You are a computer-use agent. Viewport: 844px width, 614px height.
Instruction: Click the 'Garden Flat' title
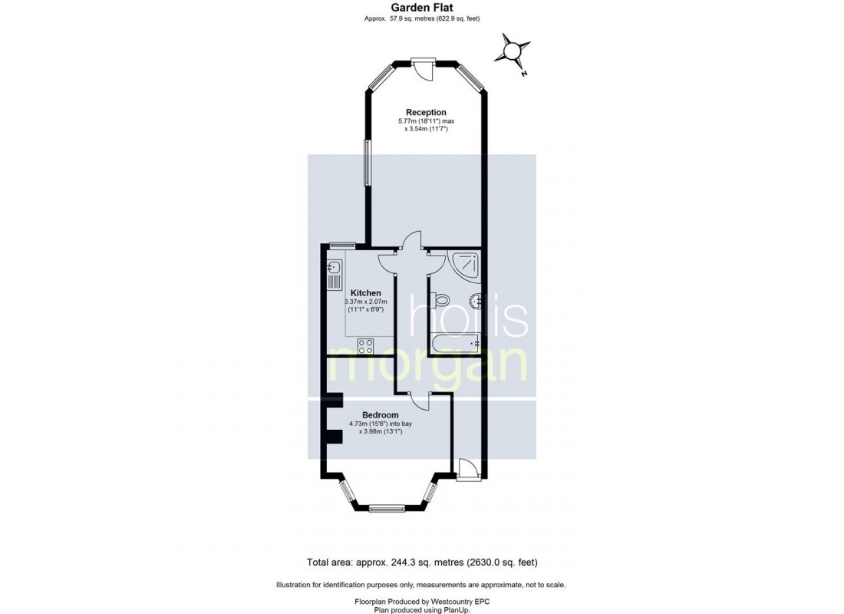coord(421,8)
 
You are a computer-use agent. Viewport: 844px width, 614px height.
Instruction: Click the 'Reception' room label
coord(426,112)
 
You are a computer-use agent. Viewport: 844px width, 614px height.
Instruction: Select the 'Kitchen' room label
coord(365,293)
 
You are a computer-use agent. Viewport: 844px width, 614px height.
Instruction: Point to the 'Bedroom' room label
coord(380,414)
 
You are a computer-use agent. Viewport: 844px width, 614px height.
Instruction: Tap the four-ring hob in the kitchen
coord(366,345)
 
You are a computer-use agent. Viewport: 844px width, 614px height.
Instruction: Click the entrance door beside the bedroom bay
coord(465,469)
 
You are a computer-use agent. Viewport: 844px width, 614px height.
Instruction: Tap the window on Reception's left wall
coord(367,163)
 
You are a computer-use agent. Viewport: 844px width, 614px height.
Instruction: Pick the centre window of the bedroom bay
coord(387,507)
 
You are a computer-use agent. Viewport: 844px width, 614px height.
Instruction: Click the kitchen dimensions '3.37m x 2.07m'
coord(365,302)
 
